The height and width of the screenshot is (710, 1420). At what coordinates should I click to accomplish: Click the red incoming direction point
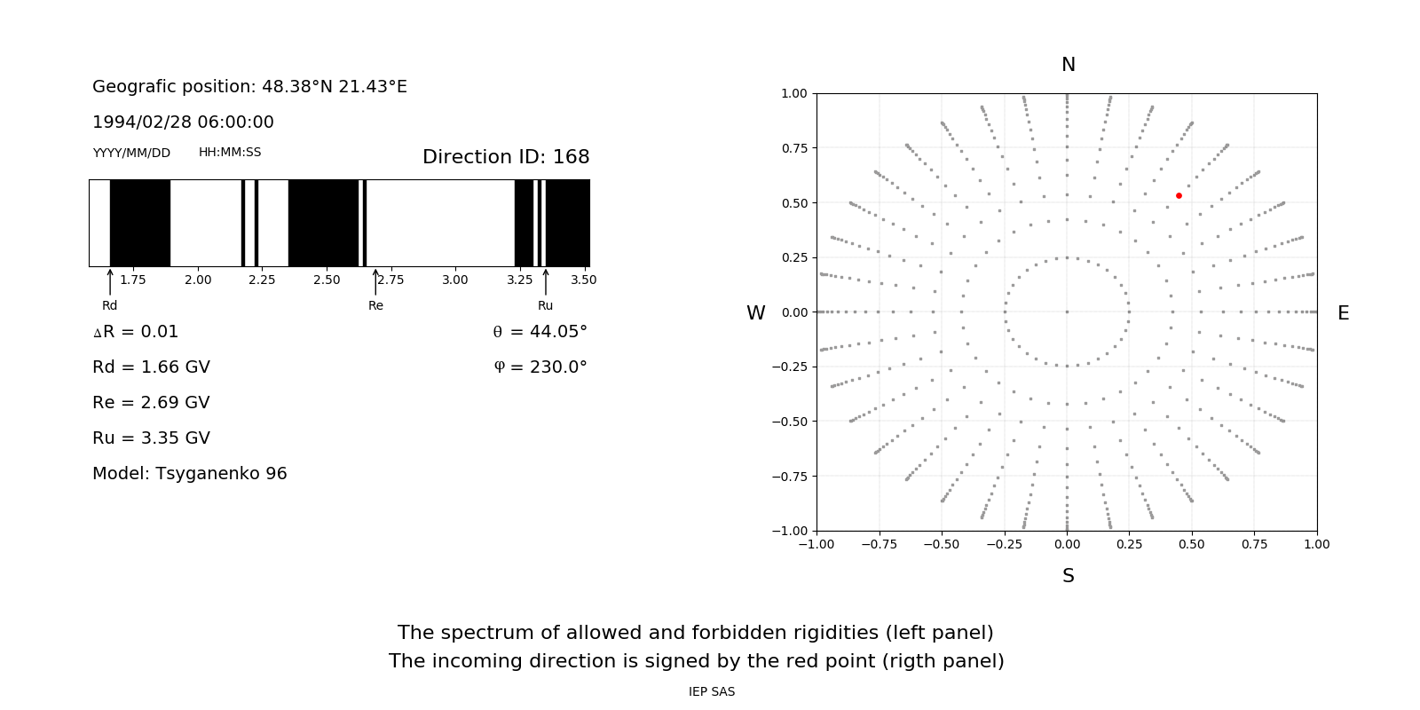(1179, 195)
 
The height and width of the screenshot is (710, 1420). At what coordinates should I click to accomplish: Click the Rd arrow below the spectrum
(110, 282)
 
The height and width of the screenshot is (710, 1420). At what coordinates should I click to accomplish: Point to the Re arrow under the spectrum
(375, 282)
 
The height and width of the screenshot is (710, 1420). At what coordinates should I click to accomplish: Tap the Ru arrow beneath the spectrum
(545, 282)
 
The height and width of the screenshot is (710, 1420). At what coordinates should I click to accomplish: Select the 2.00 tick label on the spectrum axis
(198, 280)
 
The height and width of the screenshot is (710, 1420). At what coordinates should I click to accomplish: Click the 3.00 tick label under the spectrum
(454, 280)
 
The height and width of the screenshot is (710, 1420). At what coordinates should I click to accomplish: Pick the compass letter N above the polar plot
(1068, 65)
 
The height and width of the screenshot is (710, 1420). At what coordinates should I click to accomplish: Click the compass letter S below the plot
(1068, 576)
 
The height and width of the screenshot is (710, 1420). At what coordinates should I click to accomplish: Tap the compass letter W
(755, 313)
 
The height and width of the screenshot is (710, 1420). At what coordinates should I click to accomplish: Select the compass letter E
(1343, 313)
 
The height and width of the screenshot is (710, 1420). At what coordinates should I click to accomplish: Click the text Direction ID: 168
(506, 157)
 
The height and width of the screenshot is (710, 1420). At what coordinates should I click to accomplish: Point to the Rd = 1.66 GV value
(151, 367)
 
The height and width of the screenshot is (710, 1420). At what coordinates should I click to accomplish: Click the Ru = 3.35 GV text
(151, 438)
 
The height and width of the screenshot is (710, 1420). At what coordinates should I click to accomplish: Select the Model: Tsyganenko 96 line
(189, 474)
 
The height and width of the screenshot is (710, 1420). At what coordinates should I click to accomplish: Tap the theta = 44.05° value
(540, 332)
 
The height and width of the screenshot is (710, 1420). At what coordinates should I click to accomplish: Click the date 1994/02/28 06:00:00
(183, 122)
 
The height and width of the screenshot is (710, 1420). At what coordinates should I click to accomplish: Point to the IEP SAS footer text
(711, 692)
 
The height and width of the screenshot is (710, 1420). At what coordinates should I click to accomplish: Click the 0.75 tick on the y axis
(793, 148)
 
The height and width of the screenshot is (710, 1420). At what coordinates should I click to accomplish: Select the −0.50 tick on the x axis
(941, 544)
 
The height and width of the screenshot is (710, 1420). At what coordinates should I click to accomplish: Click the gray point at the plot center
(1067, 312)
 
